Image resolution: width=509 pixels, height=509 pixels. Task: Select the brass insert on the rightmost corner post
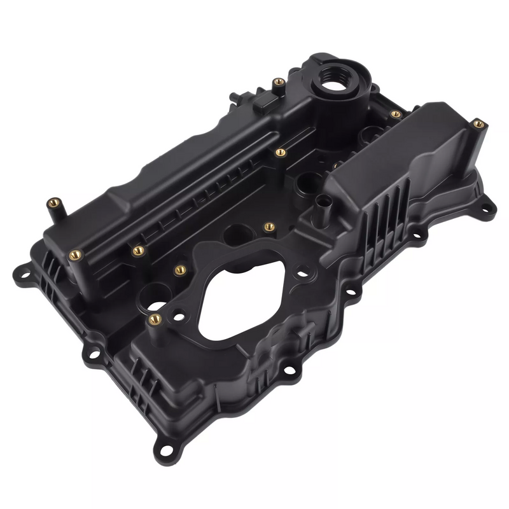tap(478, 123)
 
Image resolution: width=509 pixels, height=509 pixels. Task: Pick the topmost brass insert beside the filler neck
tap(278, 82)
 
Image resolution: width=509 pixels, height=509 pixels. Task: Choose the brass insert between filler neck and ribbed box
tap(396, 115)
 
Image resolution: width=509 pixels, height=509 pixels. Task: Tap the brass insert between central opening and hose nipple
tap(269, 226)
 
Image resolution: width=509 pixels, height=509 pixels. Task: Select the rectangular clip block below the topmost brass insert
tap(265, 101)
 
